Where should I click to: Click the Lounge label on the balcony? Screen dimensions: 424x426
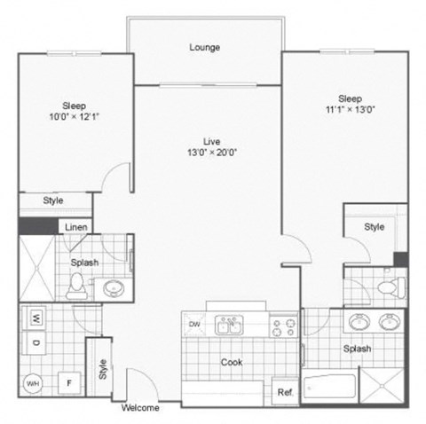[204, 47]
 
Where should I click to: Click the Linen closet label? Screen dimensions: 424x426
[75, 227]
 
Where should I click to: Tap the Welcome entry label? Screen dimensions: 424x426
[140, 409]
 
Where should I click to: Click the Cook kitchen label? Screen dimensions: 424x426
[231, 362]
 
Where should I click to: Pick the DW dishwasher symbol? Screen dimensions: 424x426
[193, 325]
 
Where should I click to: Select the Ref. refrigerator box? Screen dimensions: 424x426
[285, 391]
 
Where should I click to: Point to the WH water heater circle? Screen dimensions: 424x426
[34, 383]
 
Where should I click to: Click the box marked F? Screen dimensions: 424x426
[67, 383]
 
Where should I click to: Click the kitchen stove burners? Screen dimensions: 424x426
[283, 328]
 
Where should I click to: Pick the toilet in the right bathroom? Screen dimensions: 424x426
[383, 287]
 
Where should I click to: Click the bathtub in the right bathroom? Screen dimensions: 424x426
[328, 388]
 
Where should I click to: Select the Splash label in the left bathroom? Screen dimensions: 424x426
[84, 263]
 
